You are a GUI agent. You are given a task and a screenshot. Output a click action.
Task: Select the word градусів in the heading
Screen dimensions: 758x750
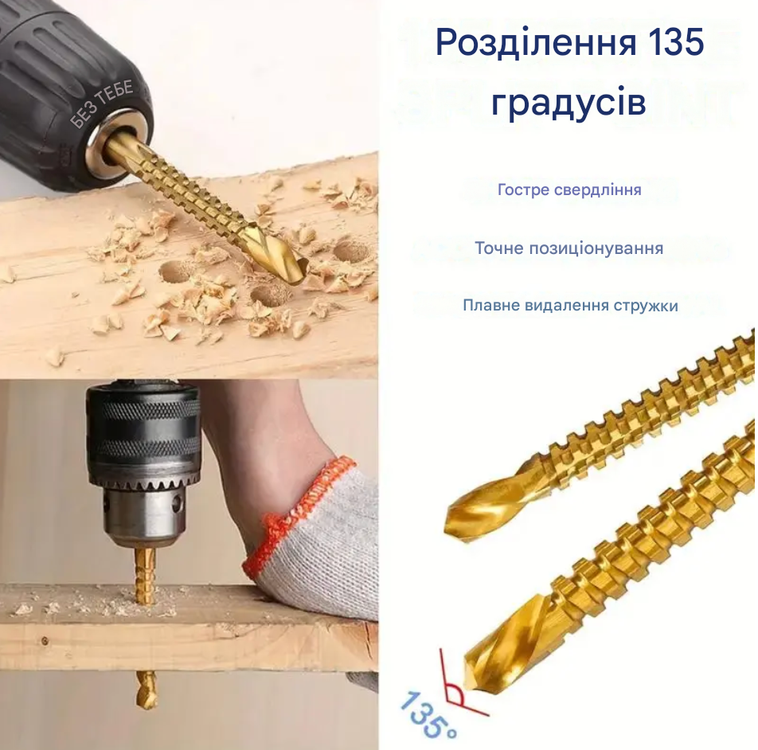coord(568,102)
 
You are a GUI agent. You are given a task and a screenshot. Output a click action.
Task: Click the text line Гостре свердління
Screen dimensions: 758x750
coord(569,189)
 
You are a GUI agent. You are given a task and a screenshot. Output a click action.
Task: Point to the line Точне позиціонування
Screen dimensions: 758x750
coord(569,248)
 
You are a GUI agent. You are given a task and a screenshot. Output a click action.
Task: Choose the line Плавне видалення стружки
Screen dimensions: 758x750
coord(570,306)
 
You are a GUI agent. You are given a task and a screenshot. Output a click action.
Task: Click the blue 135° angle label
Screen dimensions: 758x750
coord(428,714)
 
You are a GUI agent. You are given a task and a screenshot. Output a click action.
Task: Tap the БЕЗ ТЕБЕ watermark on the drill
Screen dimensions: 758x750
coord(102,105)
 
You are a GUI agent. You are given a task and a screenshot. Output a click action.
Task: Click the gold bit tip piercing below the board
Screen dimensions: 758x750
coord(147,689)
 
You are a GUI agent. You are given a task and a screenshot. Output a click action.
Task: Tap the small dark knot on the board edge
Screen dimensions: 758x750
coord(45,641)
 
